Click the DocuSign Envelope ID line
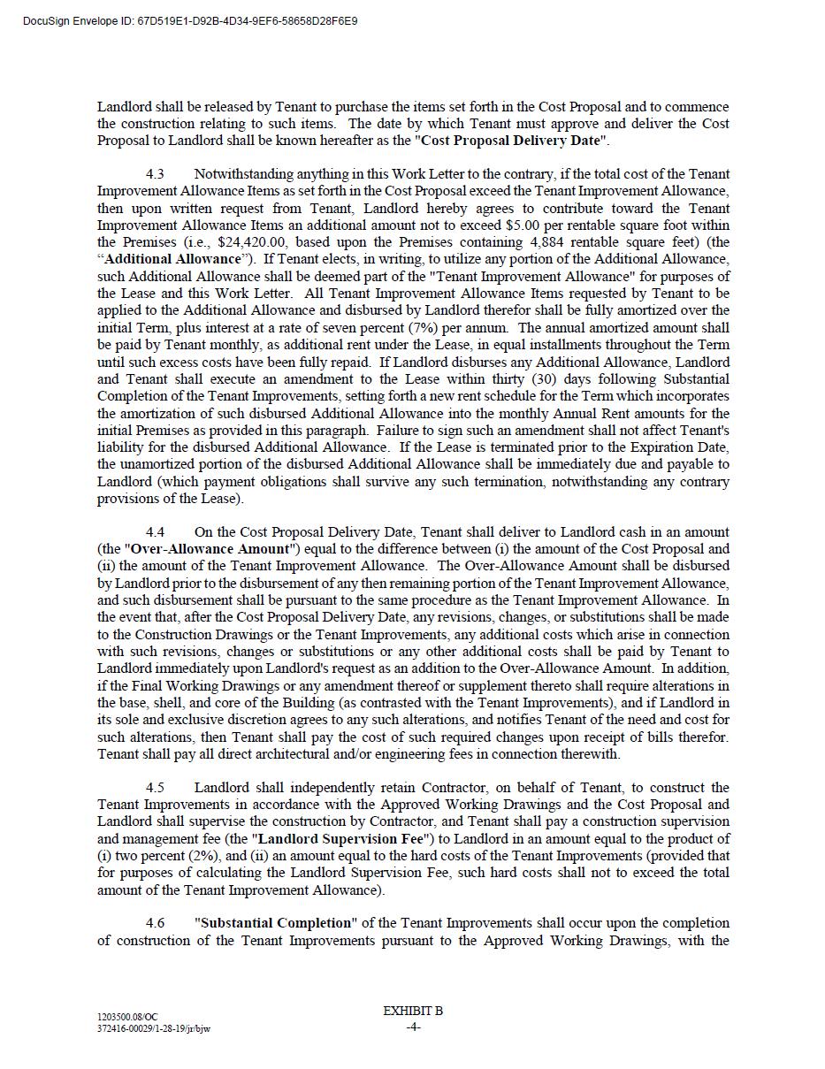coord(190,20)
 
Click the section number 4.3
coord(155,173)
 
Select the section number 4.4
coord(155,531)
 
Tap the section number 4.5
coord(155,787)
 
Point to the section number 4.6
coord(155,923)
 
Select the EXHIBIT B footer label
coord(413,1011)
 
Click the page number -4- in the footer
coord(413,1027)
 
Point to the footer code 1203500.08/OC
coord(128,1019)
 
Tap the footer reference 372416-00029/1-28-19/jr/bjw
coord(154,1028)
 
